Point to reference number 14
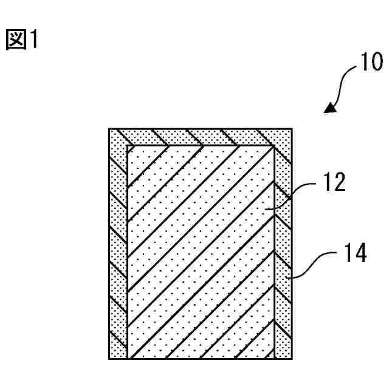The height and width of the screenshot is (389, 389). pos(353,253)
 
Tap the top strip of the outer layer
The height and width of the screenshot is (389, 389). pos(201,137)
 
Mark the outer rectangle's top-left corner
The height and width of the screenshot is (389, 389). pos(109,129)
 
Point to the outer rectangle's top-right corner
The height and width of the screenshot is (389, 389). pos(293,129)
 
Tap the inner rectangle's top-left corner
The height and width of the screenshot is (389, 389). pos(127,146)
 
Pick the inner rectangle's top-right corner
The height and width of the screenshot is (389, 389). pos(276,146)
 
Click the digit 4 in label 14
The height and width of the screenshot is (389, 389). pos(359,253)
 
